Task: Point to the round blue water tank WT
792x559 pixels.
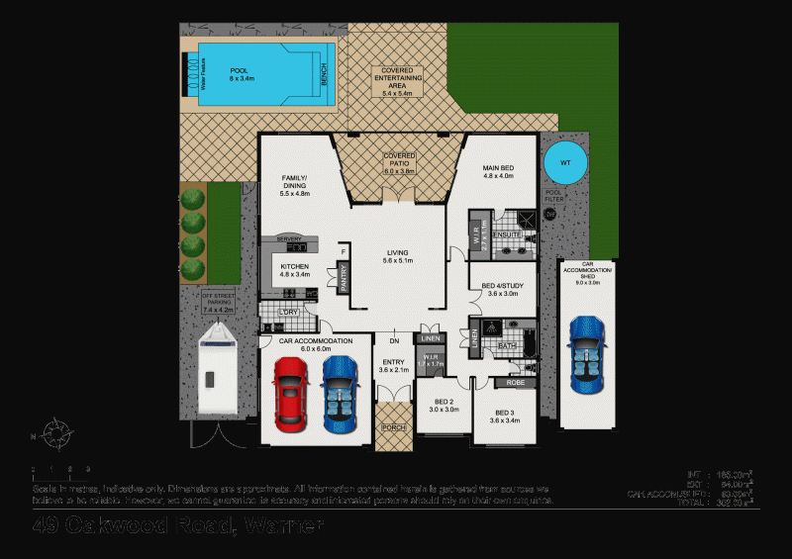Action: coord(564,161)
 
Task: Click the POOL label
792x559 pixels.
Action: coord(239,71)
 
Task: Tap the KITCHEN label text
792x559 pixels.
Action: coord(294,267)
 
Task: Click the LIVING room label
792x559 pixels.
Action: coord(397,252)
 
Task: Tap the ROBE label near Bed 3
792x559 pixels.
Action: coord(515,381)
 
